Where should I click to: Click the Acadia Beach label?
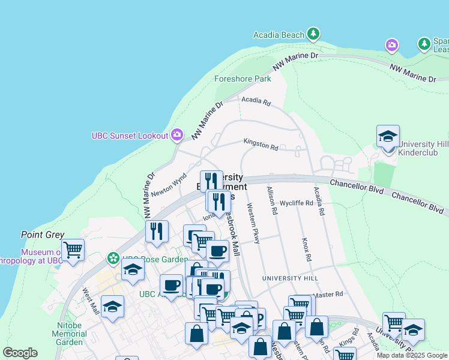(x=279, y=35)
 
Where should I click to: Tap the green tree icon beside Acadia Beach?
(x=313, y=34)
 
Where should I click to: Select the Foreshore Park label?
(x=243, y=79)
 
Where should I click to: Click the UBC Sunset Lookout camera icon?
(x=177, y=135)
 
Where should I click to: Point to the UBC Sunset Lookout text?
(x=130, y=136)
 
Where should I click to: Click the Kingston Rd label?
(x=261, y=145)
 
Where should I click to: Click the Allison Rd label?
(x=272, y=200)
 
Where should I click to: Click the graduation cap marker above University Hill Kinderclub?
(x=388, y=137)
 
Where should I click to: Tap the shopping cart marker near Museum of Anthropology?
(x=72, y=249)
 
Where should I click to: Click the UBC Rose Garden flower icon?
(x=112, y=259)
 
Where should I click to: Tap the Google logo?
(x=20, y=353)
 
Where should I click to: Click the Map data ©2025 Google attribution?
(x=411, y=355)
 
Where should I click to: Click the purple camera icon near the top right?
(x=392, y=45)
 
